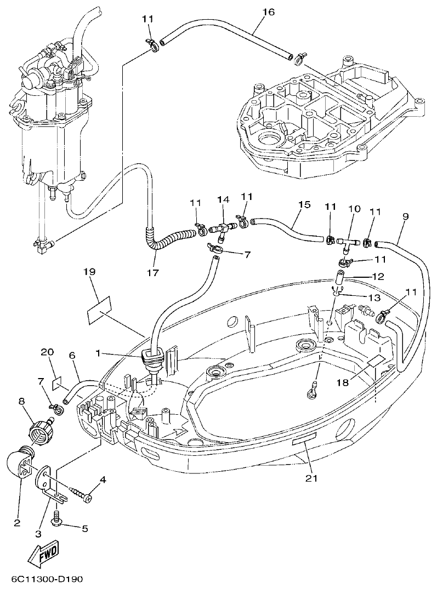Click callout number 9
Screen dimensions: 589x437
tap(405, 216)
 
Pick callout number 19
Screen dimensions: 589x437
tap(90, 271)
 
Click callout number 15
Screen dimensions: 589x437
tap(304, 205)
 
